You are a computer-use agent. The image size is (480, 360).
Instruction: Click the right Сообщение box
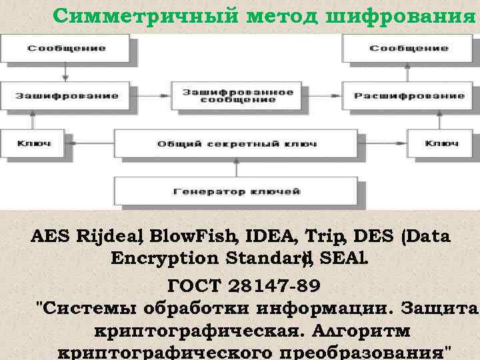(409, 48)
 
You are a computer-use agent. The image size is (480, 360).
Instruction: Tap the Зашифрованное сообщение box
(238, 95)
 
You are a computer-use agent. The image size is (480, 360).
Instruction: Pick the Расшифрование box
(409, 95)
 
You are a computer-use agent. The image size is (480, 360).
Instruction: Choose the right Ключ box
(441, 143)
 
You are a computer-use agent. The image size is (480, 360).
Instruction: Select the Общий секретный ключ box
(237, 143)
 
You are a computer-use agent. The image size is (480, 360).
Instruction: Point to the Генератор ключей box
(237, 191)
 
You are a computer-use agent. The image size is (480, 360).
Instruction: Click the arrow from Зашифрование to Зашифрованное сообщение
(151, 95)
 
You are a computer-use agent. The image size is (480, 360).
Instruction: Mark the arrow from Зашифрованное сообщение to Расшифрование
(325, 95)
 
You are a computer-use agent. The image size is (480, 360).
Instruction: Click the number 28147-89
(273, 287)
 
